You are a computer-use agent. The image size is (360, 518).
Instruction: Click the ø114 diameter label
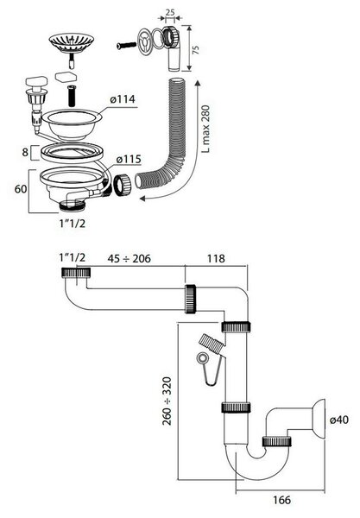pyautogui.click(x=123, y=99)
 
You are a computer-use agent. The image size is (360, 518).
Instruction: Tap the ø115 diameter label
pyautogui.click(x=129, y=159)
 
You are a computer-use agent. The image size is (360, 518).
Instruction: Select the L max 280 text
pyautogui.click(x=205, y=129)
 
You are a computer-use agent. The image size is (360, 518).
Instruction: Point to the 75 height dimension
pyautogui.click(x=195, y=50)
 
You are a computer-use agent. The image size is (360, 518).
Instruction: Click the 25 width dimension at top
pyautogui.click(x=170, y=13)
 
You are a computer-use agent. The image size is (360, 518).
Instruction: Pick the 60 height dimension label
pyautogui.click(x=21, y=189)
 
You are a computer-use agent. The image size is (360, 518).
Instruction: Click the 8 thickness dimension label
pyautogui.click(x=25, y=152)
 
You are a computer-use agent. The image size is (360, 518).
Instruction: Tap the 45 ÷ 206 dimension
pyautogui.click(x=129, y=259)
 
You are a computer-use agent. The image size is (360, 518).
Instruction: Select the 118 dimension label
pyautogui.click(x=216, y=258)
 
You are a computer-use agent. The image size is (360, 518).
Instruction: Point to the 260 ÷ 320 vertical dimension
pyautogui.click(x=167, y=401)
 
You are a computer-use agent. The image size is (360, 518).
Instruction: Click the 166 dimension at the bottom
pyautogui.click(x=281, y=500)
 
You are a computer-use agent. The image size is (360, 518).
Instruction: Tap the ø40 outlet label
pyautogui.click(x=339, y=420)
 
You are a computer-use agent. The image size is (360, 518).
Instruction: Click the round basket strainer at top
pyautogui.click(x=72, y=41)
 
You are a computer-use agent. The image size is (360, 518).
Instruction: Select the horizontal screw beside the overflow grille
pyautogui.click(x=127, y=46)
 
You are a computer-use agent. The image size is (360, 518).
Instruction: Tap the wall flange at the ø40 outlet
pyautogui.click(x=318, y=417)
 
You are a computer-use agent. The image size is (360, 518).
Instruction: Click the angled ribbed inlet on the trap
pyautogui.click(x=212, y=344)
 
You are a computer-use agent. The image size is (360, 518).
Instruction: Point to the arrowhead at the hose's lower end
pyautogui.click(x=143, y=199)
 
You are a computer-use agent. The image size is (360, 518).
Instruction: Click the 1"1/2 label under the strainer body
pyautogui.click(x=73, y=224)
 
